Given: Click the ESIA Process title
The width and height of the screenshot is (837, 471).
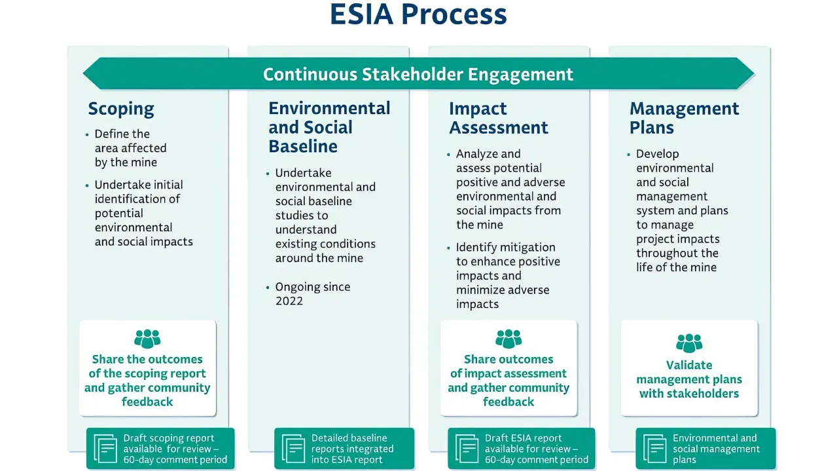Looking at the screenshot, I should tap(418, 14).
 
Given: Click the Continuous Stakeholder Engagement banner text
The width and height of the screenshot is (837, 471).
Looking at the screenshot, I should tap(418, 74).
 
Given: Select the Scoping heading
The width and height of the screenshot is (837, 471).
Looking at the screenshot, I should tap(121, 109).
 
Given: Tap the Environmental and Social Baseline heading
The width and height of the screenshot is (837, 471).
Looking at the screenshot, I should tap(329, 127).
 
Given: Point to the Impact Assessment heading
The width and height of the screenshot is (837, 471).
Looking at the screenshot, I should tap(498, 118).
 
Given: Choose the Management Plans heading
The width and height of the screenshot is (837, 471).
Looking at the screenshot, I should tap(684, 118).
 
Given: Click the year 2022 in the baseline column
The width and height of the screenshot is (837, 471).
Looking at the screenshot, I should tap(289, 301).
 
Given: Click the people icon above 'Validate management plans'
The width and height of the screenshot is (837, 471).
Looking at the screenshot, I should tap(688, 343).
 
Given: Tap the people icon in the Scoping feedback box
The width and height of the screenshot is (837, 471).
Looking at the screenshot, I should tap(147, 339).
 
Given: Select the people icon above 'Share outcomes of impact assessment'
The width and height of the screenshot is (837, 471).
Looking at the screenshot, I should tap(508, 339).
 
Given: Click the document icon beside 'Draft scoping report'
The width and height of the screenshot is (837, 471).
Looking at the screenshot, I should tap(105, 449).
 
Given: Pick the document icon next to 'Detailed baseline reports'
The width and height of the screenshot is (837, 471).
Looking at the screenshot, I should tap(293, 449).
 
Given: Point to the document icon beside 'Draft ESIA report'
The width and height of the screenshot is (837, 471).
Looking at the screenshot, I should tap(467, 449).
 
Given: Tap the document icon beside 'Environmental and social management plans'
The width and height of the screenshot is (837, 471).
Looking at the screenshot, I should tap(654, 449).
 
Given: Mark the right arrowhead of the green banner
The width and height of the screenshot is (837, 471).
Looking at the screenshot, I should tap(747, 73).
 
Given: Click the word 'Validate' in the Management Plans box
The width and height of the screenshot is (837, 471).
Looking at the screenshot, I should tap(688, 366).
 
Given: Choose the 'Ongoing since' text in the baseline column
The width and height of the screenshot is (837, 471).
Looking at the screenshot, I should tap(312, 287).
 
